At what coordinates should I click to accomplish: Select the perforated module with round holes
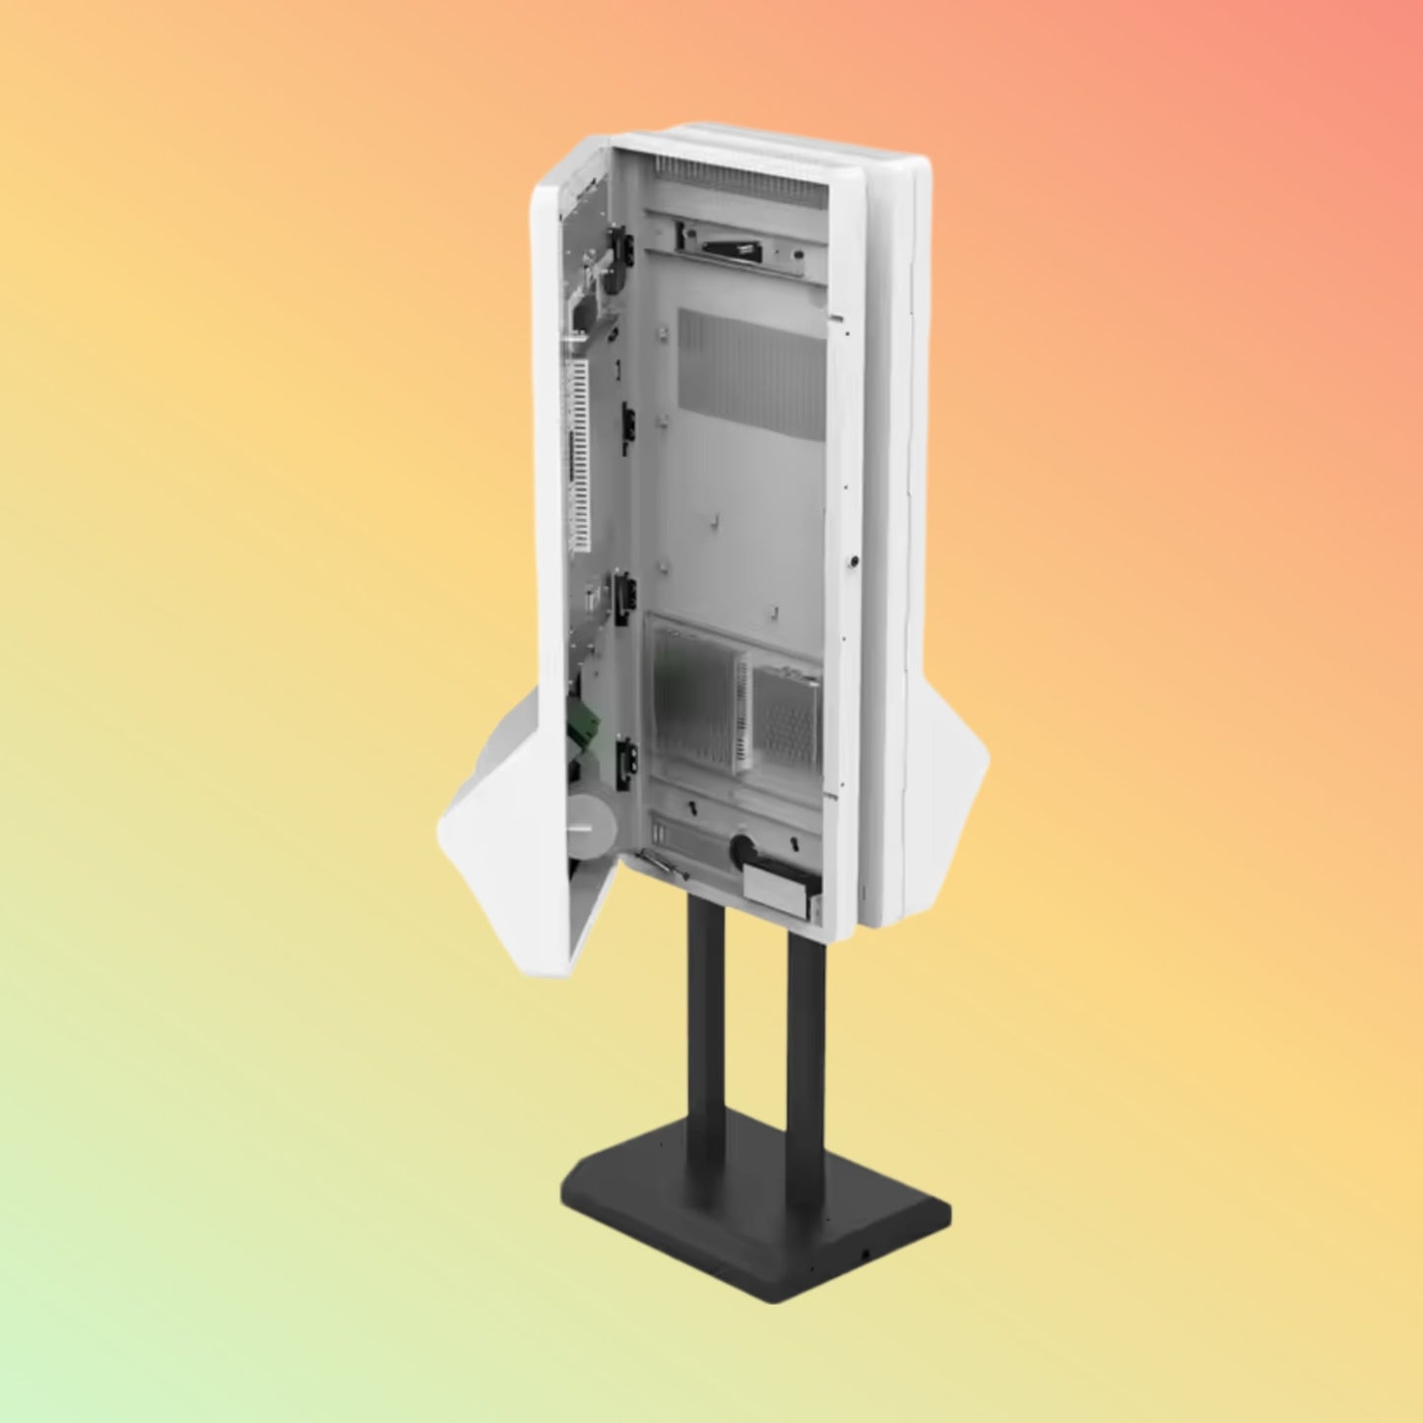tap(786, 715)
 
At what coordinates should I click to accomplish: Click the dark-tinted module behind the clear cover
tap(694, 694)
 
